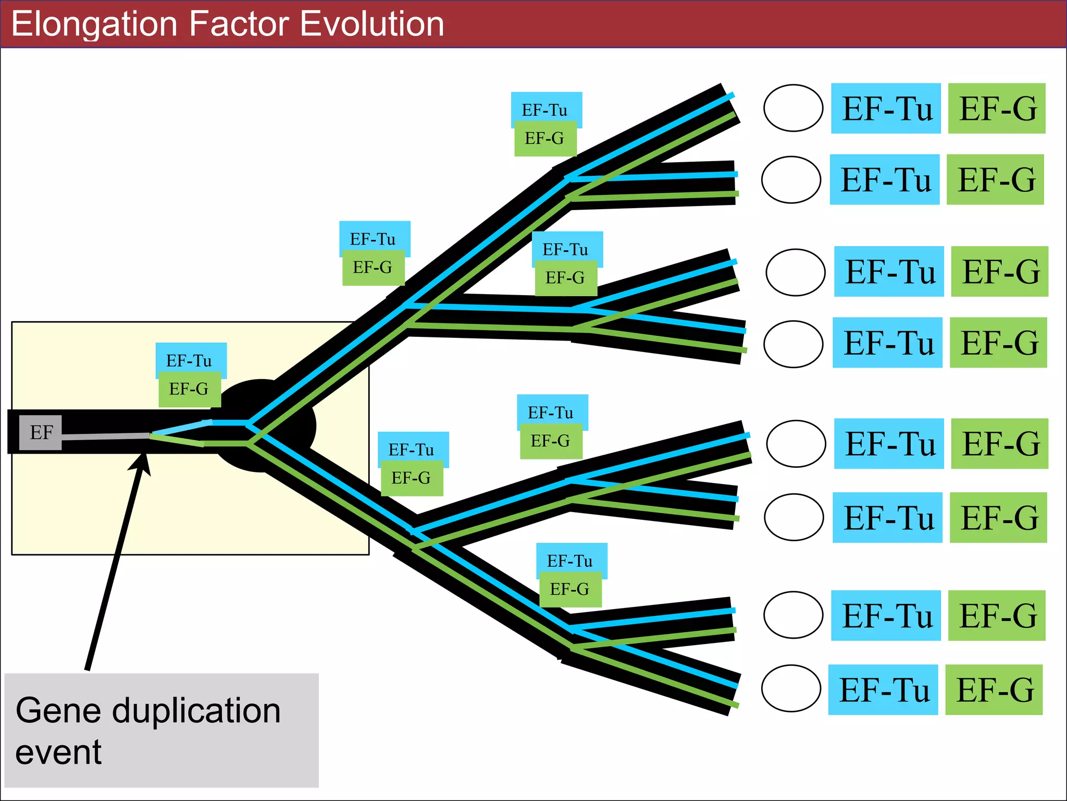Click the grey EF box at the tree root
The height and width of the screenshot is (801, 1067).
tap(41, 432)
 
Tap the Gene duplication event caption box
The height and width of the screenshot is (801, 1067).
tap(161, 730)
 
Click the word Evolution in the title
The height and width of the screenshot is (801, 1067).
tap(371, 24)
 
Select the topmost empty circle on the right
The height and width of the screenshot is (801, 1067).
tap(793, 108)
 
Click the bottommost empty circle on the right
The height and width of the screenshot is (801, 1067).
tap(791, 688)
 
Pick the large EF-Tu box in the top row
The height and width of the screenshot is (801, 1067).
tap(886, 108)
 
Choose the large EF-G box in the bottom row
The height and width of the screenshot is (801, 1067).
tap(994, 689)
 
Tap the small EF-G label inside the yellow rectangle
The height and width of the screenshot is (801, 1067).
tap(189, 389)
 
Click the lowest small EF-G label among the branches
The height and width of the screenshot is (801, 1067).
tap(570, 589)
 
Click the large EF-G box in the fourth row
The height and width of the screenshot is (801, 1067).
tap(998, 343)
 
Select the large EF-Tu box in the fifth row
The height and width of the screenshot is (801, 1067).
tap(889, 443)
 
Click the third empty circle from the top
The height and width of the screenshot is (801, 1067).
tap(796, 272)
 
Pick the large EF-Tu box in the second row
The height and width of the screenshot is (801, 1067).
tap(885, 179)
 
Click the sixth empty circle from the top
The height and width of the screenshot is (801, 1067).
tap(794, 517)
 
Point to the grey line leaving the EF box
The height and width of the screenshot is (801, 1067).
tap(104, 436)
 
